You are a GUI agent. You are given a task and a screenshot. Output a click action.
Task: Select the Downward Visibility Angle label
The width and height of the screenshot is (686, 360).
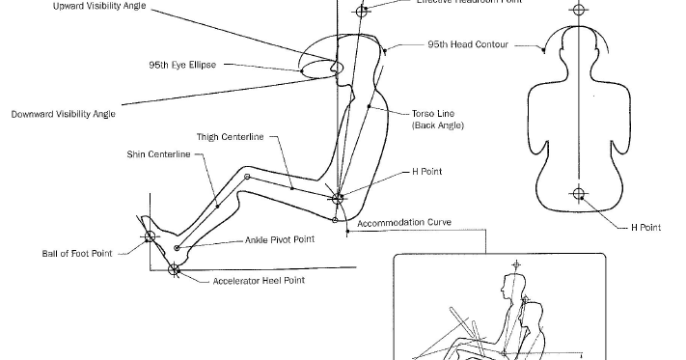64,114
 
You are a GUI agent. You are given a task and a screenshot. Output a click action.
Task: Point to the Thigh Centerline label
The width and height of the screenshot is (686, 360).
230,137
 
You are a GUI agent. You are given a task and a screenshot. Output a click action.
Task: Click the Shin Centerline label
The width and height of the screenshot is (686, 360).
158,154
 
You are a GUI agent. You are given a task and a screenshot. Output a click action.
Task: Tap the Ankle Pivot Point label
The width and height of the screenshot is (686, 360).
280,240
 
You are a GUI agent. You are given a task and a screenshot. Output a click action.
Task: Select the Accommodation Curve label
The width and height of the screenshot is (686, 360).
404,223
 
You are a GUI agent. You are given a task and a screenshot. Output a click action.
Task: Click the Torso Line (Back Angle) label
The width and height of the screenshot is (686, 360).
439,119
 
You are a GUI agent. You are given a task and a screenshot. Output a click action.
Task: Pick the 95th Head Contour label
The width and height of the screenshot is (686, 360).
469,44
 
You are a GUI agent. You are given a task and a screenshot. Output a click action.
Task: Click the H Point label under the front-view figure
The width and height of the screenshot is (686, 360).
645,228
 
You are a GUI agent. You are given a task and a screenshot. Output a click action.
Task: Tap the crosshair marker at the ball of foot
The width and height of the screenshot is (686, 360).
149,235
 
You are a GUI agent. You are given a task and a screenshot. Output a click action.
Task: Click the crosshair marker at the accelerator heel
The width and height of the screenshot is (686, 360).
174,269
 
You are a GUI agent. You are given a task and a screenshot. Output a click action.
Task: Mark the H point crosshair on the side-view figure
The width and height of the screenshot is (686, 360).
338,200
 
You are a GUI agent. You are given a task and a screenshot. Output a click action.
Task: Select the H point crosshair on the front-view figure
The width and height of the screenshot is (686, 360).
578,194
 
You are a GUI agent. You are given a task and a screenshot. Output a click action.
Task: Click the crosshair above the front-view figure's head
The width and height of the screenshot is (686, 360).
578,11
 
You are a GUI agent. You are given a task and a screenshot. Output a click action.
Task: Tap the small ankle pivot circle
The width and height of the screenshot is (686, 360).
177,248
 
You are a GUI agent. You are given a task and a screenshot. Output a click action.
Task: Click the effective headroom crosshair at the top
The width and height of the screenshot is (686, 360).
362,12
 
